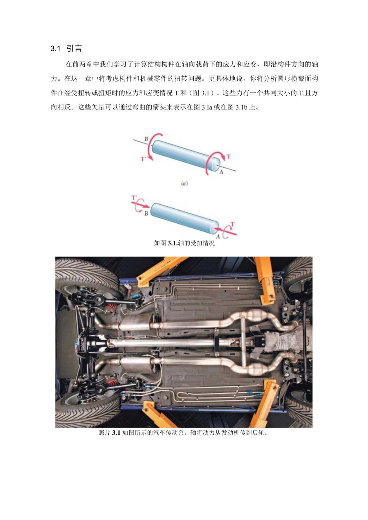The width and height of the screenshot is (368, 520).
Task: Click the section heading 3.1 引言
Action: pyautogui.click(x=66, y=49)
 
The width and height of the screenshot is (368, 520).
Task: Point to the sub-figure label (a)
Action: pyautogui.click(x=184, y=184)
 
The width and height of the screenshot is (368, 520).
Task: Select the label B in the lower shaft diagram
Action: pyautogui.click(x=146, y=214)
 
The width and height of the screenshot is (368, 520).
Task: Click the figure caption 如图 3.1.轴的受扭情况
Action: pyautogui.click(x=184, y=243)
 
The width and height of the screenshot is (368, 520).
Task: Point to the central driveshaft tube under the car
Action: pyautogui.click(x=160, y=343)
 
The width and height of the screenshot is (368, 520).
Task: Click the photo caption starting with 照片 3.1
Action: pyautogui.click(x=183, y=433)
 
